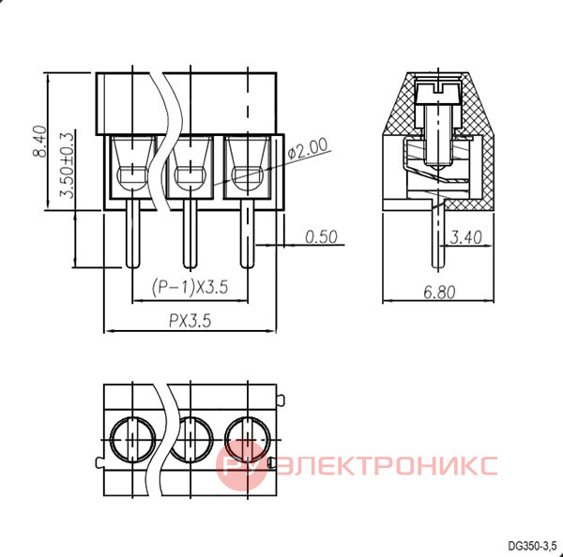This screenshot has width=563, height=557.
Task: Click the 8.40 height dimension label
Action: point(39,141)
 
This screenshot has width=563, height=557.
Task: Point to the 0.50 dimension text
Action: point(321,237)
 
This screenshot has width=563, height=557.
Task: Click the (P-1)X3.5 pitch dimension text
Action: point(190,287)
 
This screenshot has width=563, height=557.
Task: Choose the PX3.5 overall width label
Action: point(190,321)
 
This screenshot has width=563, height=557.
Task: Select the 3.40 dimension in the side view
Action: point(465,237)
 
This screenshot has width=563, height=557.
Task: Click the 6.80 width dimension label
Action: point(439,293)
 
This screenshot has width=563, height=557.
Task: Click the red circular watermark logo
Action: point(242,465)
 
